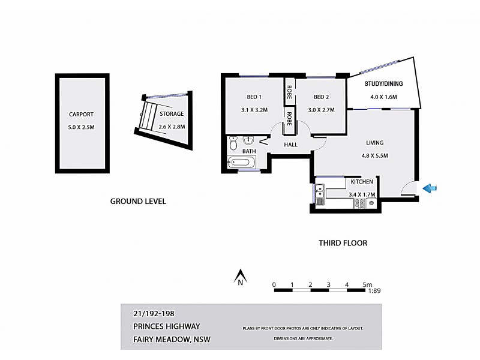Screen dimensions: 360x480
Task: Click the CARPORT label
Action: pyautogui.click(x=82, y=114)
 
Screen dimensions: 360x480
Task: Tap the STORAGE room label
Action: pyautogui.click(x=171, y=113)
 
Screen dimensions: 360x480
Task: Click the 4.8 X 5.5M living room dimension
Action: pyautogui.click(x=375, y=156)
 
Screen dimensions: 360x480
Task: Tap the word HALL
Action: pyautogui.click(x=291, y=145)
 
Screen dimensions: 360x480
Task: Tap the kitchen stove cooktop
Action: pyautogui.click(x=359, y=204)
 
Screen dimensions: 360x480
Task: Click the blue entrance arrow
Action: pyautogui.click(x=430, y=189)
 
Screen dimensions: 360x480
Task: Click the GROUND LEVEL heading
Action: pyautogui.click(x=137, y=202)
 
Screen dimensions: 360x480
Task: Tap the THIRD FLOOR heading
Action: pyautogui.click(x=342, y=243)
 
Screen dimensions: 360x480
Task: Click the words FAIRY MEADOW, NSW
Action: pyautogui.click(x=171, y=339)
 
